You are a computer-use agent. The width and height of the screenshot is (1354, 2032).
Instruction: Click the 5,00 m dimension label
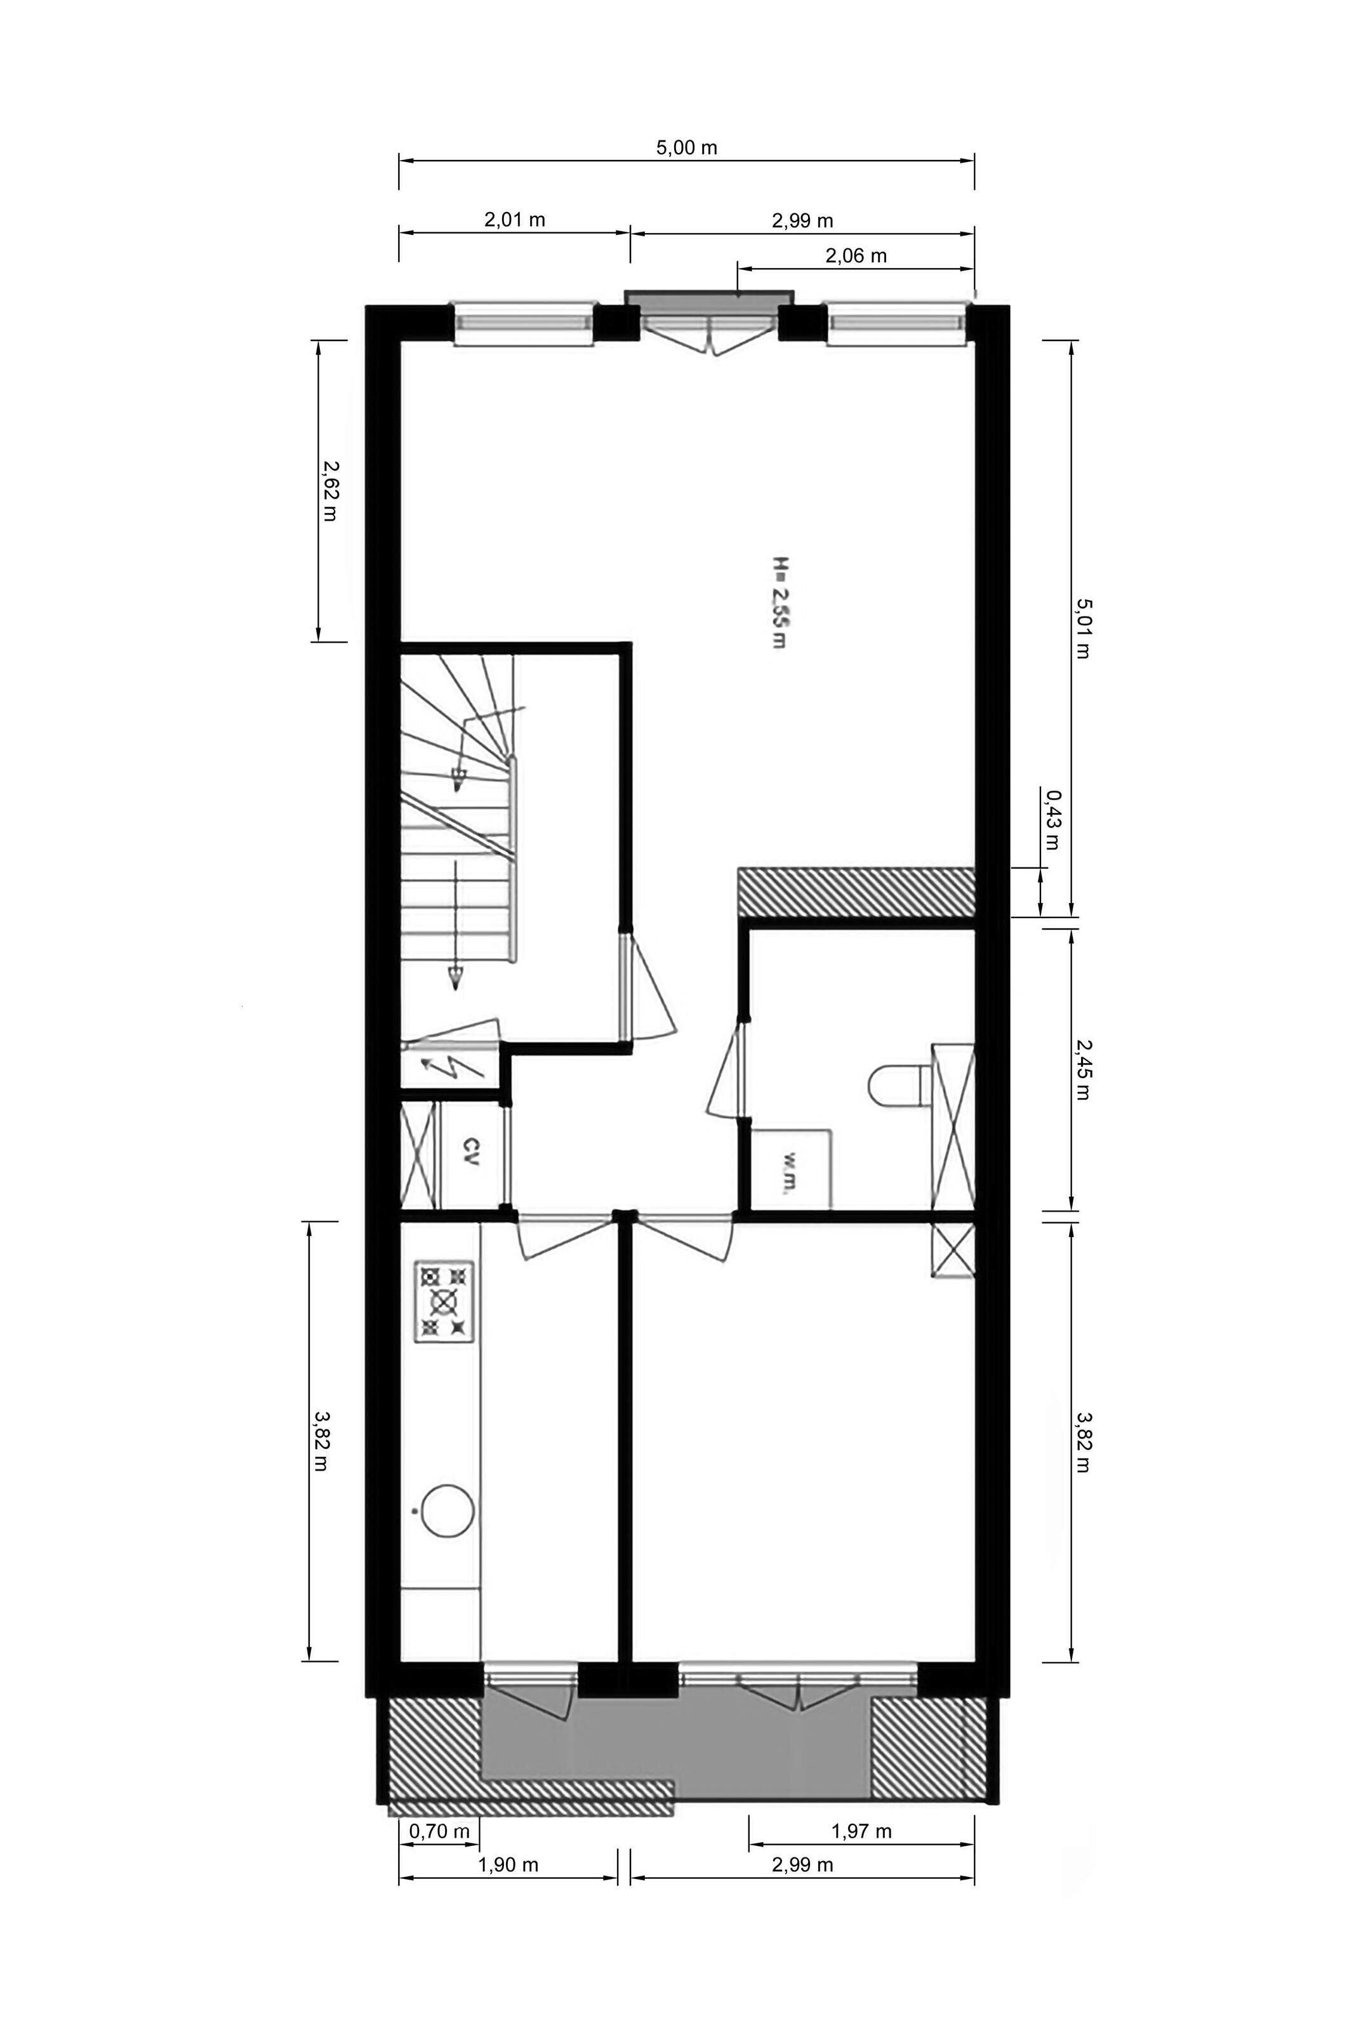point(686,148)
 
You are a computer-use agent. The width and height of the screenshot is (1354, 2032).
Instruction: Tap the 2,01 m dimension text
point(515,219)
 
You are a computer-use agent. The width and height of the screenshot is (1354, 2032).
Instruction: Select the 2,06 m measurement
point(856,256)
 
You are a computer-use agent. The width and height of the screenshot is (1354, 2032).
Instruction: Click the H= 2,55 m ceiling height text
point(779,602)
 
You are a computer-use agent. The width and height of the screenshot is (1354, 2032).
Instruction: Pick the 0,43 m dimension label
point(1052,819)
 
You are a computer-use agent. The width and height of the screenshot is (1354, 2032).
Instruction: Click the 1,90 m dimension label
point(508,1888)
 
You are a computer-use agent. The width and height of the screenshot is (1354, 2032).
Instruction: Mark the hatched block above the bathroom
point(856,892)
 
